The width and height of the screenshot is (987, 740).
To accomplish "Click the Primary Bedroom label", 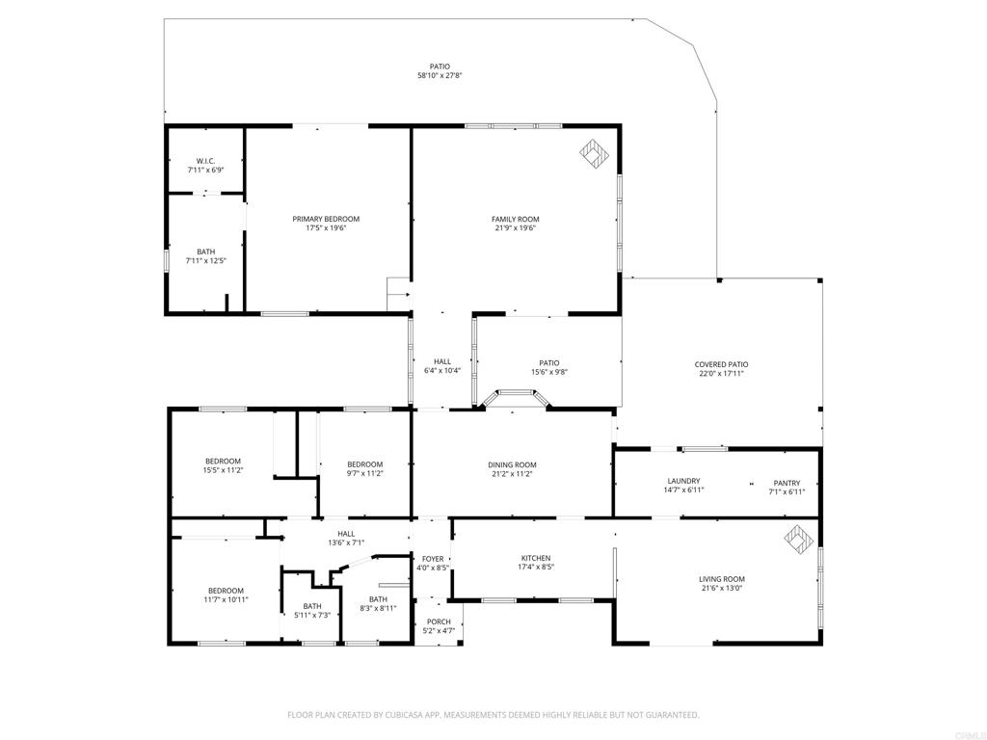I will (326, 219).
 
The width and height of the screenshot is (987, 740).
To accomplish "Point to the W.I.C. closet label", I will (205, 161).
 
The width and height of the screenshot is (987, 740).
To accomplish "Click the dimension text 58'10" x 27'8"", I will (440, 76).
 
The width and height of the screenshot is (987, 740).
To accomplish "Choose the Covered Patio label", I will (721, 364).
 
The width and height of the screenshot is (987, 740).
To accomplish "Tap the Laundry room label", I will (683, 482).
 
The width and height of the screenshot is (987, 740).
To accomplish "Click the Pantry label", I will (787, 483).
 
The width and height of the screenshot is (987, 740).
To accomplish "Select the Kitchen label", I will (536, 558).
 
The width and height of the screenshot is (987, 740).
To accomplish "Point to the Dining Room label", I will (512, 465).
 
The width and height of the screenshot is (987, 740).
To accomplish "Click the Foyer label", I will (433, 559).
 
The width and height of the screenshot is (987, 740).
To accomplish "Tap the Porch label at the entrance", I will (439, 621).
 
